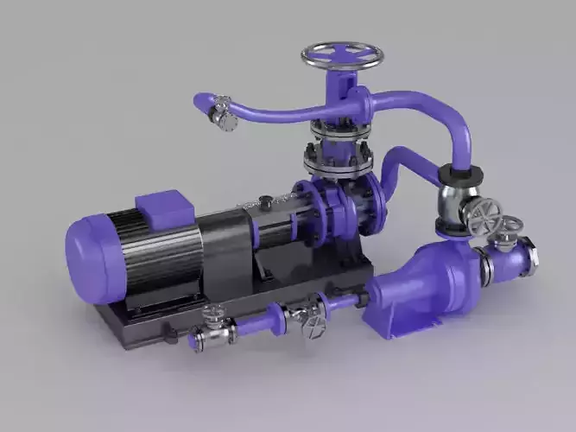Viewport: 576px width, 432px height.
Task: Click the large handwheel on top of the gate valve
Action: [x=343, y=55]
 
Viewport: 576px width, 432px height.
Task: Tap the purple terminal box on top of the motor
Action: [x=164, y=206]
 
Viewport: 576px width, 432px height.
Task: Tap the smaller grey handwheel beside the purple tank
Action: [x=512, y=226]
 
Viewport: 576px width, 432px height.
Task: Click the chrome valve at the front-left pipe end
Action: [x=211, y=334]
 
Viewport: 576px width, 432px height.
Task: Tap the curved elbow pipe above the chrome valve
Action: [x=458, y=130]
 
